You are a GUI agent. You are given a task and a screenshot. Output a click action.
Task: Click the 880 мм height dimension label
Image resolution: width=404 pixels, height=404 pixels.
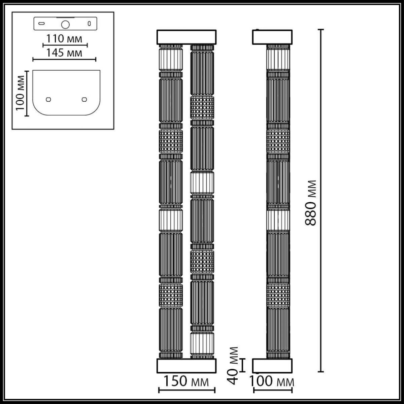(x=311, y=203)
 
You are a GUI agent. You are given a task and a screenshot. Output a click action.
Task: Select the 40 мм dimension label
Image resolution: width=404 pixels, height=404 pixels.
(x=234, y=365)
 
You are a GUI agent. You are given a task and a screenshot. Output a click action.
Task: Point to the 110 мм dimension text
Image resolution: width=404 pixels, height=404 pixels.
(x=64, y=39)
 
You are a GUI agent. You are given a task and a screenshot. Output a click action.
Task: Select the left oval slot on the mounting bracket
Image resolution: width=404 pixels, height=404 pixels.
(x=42, y=24)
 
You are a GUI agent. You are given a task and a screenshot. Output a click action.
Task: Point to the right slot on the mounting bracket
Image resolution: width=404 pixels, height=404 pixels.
(x=89, y=24)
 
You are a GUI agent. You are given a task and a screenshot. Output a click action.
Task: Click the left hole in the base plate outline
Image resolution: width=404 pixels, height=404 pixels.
(x=48, y=99)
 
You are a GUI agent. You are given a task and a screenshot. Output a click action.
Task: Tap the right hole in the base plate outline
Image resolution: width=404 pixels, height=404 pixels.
(x=84, y=99)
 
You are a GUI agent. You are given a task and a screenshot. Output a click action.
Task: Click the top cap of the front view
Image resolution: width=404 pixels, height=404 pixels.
(x=186, y=37)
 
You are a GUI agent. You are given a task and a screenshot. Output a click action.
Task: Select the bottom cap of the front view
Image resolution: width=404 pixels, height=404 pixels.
(x=186, y=366)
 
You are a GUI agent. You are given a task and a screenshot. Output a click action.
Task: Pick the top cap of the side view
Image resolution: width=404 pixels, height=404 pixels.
(x=272, y=37)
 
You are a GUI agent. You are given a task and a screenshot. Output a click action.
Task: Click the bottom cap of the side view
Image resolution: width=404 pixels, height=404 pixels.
(x=272, y=366)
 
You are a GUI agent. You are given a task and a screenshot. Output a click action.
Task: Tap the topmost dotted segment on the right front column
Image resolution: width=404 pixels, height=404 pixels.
(x=202, y=108)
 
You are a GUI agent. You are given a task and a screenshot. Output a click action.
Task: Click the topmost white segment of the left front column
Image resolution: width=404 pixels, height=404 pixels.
(x=170, y=60)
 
